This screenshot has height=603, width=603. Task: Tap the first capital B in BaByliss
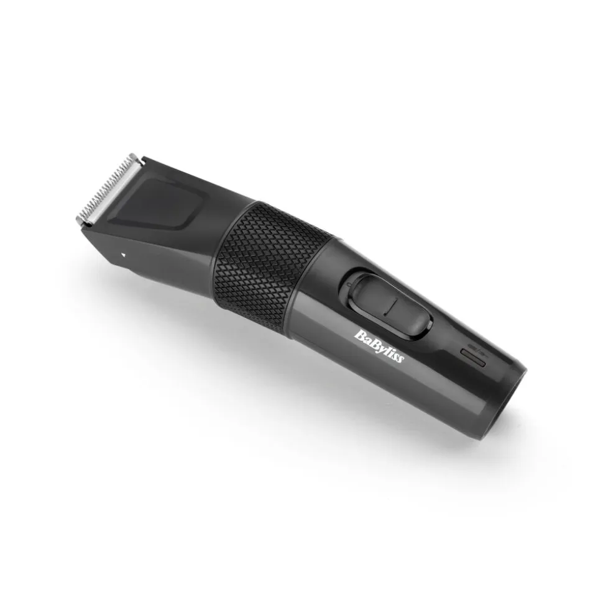(x=360, y=335)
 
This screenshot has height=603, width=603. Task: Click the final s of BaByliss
(x=401, y=359)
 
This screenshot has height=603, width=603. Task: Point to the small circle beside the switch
(x=348, y=285)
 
